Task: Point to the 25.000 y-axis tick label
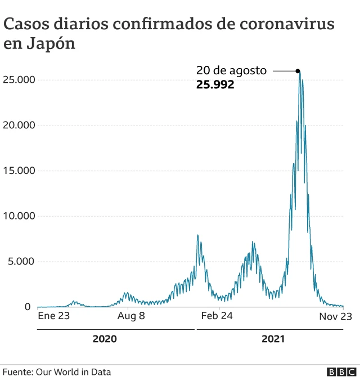tap(20, 79)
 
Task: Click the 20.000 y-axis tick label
tap(20, 125)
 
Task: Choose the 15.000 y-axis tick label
tap(20, 171)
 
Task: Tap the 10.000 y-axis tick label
tap(20, 216)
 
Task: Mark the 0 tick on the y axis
tap(27, 307)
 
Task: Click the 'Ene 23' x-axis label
tap(53, 316)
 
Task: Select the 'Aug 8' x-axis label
tap(131, 316)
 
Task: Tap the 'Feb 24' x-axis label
tap(217, 316)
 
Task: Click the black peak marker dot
tap(298, 71)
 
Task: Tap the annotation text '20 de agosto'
tap(231, 71)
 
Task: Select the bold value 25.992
tap(215, 85)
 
